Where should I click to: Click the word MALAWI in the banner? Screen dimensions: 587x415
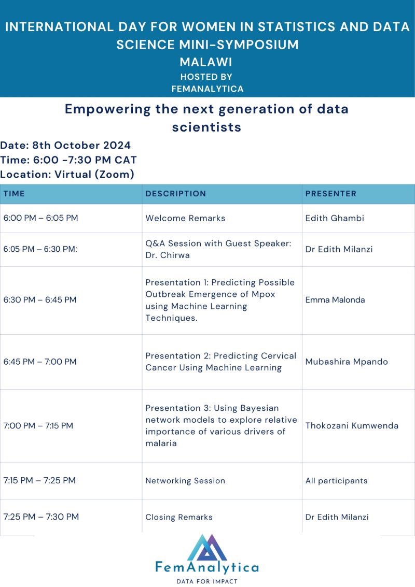click(x=206, y=62)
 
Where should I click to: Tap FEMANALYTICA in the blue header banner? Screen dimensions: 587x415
click(x=208, y=89)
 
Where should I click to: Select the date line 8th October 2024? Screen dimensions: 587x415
click(x=65, y=145)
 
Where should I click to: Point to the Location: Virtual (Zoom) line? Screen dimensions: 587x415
click(x=67, y=175)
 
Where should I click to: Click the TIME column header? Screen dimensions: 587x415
click(x=14, y=194)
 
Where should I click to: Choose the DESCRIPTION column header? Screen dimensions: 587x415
click(x=175, y=194)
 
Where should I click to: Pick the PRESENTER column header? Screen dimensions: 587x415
click(x=330, y=194)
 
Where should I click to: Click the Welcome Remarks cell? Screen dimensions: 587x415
click(x=185, y=218)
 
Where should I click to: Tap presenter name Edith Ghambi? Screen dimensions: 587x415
click(x=335, y=218)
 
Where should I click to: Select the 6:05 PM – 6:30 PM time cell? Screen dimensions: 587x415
click(x=40, y=249)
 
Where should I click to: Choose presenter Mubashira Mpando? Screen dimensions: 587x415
click(x=347, y=362)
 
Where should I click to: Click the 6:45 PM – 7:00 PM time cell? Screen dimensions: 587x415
click(x=40, y=362)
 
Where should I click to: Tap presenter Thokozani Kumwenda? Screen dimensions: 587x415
click(x=352, y=426)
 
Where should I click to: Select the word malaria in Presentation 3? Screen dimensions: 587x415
click(x=161, y=443)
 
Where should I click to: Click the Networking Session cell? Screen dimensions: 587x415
click(x=185, y=481)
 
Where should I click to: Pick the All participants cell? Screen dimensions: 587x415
click(x=336, y=481)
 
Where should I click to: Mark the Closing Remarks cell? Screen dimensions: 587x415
click(x=179, y=517)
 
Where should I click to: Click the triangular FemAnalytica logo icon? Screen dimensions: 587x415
click(x=206, y=548)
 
